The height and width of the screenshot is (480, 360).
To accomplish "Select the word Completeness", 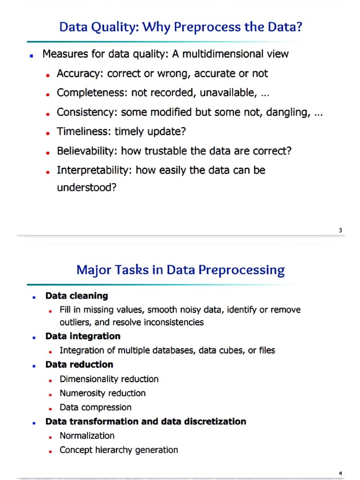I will [x=92, y=93].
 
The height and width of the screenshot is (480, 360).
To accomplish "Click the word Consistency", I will [x=87, y=112].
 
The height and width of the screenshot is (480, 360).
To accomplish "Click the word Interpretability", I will [x=94, y=170].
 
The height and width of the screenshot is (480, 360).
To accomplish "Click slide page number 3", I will [x=340, y=230].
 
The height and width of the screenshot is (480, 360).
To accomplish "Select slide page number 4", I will [x=341, y=473].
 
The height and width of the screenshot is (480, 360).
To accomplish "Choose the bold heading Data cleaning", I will [x=76, y=296].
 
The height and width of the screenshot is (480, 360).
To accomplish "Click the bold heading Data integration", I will [x=82, y=336].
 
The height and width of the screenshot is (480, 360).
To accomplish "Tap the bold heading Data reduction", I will [x=79, y=364].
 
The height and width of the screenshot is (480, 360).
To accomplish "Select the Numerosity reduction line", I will [x=102, y=393].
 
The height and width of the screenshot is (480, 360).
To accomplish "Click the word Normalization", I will [x=87, y=435].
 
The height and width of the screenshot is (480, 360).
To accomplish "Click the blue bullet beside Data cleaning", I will [x=34, y=297].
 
